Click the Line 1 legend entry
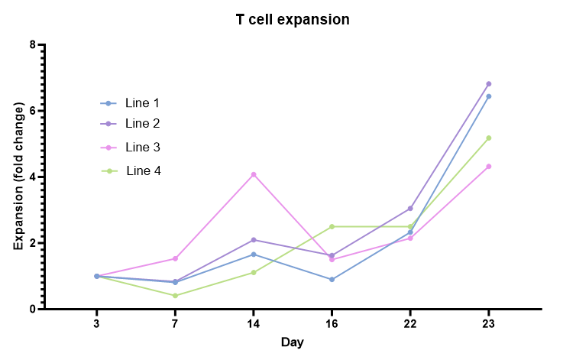tap(142, 103)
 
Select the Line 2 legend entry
tap(142, 123)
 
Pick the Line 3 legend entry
tap(142, 147)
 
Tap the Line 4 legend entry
tap(143, 170)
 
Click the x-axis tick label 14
tap(253, 324)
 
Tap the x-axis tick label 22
tap(409, 324)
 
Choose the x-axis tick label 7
tap(175, 324)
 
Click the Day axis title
tap(292, 342)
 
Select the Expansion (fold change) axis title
tap(18, 177)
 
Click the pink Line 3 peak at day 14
tap(254, 174)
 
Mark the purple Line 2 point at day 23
tap(488, 84)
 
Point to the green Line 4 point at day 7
tap(175, 296)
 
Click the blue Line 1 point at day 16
tap(332, 280)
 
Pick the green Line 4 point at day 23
tap(488, 138)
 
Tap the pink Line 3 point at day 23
tap(488, 167)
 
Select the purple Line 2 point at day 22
tap(410, 209)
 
